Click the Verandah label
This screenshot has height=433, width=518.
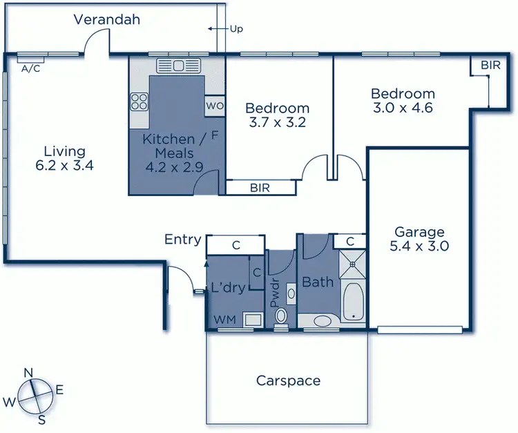point(106,19)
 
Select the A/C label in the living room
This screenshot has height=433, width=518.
point(30,68)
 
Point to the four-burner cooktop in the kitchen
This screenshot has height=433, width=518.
point(140,102)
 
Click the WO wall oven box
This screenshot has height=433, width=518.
point(213,106)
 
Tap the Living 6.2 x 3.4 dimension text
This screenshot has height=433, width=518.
point(64,158)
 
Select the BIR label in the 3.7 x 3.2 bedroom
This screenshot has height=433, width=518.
point(260,187)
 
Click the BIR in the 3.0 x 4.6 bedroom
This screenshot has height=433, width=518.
point(490,65)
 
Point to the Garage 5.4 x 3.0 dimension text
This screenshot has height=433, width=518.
point(419,239)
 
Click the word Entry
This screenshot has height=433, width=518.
point(183,240)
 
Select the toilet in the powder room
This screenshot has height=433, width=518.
point(281,316)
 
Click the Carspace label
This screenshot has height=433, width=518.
point(288,381)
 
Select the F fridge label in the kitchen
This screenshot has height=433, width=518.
point(215,136)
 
